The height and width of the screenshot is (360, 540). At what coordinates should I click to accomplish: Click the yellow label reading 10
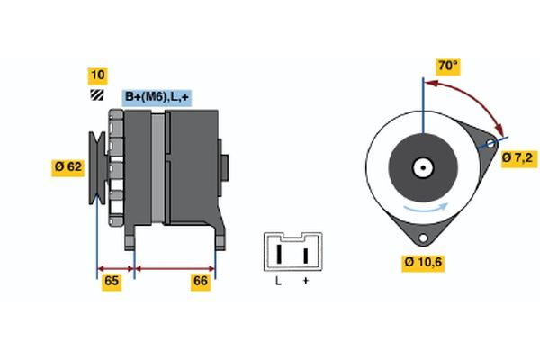pyautogui.click(x=96, y=75)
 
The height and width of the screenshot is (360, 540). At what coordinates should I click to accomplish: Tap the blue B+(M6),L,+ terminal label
pyautogui.click(x=156, y=97)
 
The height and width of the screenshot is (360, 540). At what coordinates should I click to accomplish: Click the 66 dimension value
pyautogui.click(x=201, y=282)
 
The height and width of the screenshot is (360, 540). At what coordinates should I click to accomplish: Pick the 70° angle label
pyautogui.click(x=447, y=66)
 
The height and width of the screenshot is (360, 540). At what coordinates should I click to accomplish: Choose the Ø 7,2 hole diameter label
pyautogui.click(x=517, y=158)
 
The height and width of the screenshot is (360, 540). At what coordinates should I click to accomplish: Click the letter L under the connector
pyautogui.click(x=278, y=282)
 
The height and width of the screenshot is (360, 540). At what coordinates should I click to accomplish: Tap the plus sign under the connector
pyautogui.click(x=305, y=282)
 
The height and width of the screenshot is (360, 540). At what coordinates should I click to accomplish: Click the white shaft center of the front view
pyautogui.click(x=421, y=166)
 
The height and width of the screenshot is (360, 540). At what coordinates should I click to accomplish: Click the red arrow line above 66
pyautogui.click(x=175, y=267)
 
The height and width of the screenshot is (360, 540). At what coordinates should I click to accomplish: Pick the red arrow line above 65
pyautogui.click(x=115, y=267)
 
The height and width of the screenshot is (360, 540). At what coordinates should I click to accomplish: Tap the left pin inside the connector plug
pyautogui.click(x=279, y=254)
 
